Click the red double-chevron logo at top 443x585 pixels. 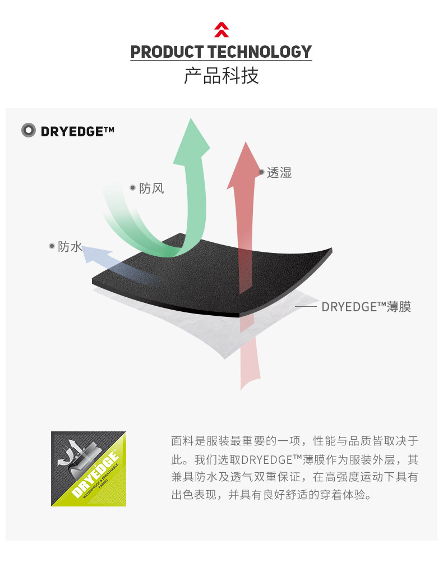pyautogui.click(x=221, y=30)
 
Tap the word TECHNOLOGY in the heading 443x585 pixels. pyautogui.click(x=259, y=52)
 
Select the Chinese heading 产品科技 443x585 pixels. pyautogui.click(x=221, y=76)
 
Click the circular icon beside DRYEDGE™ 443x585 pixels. pyautogui.click(x=29, y=131)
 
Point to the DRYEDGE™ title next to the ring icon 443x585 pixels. pyautogui.click(x=77, y=131)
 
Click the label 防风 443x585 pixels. pyautogui.click(x=151, y=188)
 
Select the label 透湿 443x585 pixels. pyautogui.click(x=279, y=173)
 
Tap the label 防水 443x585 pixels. pyautogui.click(x=70, y=247)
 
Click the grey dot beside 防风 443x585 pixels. pyautogui.click(x=133, y=188)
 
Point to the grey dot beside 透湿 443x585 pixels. pyautogui.click(x=261, y=172)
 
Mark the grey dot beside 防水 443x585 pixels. pyautogui.click(x=52, y=246)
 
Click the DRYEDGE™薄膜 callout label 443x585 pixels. pyautogui.click(x=366, y=307)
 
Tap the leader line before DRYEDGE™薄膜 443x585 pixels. pyautogui.click(x=306, y=307)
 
